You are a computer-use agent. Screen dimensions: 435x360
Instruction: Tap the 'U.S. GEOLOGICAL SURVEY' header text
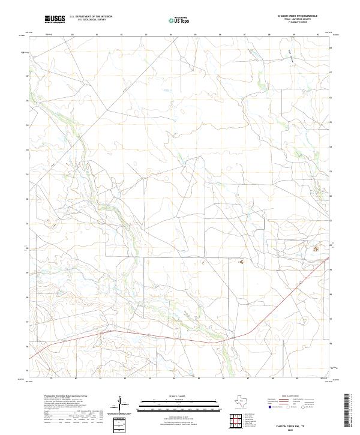coord(91,20)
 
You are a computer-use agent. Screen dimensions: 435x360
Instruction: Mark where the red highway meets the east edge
coord(331,258)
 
